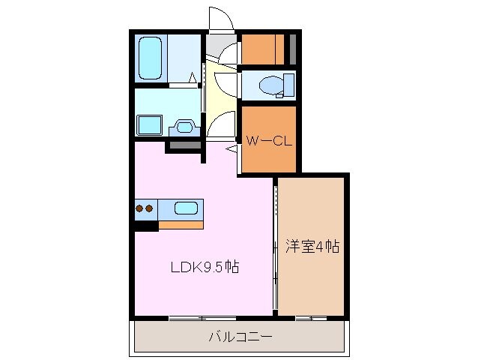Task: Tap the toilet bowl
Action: pyautogui.click(x=268, y=86)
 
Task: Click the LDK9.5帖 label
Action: pyautogui.click(x=202, y=267)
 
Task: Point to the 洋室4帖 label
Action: pyautogui.click(x=312, y=247)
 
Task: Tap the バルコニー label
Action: pyautogui.click(x=240, y=337)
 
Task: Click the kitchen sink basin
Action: pyautogui.click(x=185, y=208)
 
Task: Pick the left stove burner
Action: pyautogui.click(x=140, y=208)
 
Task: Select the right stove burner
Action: pyautogui.click(x=150, y=208)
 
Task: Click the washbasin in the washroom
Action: pyautogui.click(x=184, y=126)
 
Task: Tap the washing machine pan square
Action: pyautogui.click(x=151, y=124)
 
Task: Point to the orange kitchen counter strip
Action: pyautogui.click(x=181, y=223)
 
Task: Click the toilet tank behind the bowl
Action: pyautogui.click(x=286, y=86)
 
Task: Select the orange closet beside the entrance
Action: pyautogui.click(x=263, y=49)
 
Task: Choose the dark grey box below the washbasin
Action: pyautogui.click(x=182, y=144)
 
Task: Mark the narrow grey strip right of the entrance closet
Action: pyautogui.click(x=293, y=49)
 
